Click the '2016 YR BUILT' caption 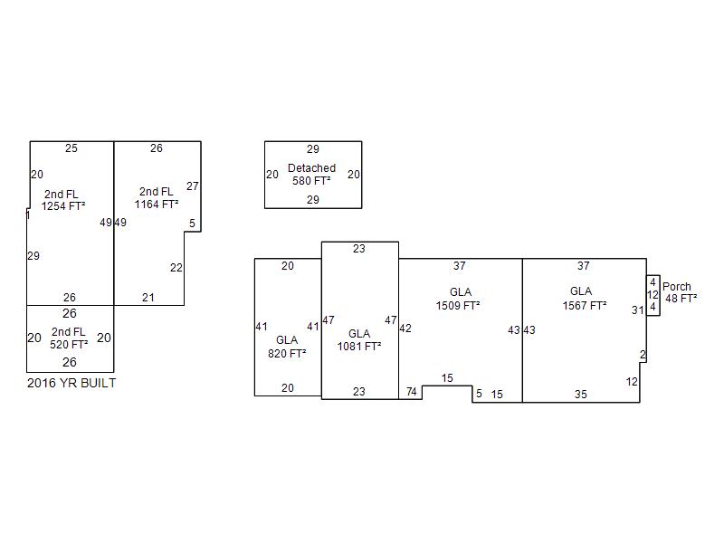(x=71, y=383)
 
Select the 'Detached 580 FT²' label (x=311, y=175)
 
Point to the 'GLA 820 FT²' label (x=287, y=347)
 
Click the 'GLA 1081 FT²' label (x=359, y=340)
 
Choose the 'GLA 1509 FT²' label (x=460, y=299)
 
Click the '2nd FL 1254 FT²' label (x=64, y=199)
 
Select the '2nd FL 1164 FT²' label (x=157, y=198)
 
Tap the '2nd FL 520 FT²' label (x=70, y=338)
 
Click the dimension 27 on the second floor (x=193, y=186)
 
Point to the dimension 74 (x=411, y=392)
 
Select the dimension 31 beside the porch (x=638, y=310)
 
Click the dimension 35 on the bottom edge (x=580, y=395)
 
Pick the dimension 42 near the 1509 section (x=405, y=329)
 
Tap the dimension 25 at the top (x=71, y=148)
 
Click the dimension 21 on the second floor (x=148, y=298)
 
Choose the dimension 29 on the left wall (x=33, y=256)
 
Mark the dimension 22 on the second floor (x=176, y=268)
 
